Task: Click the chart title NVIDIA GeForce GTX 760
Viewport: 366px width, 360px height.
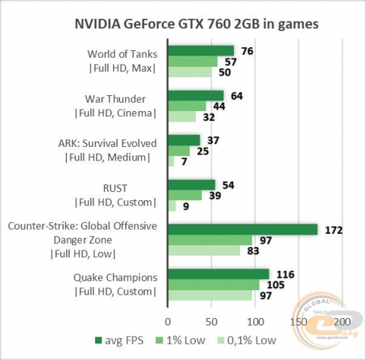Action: point(184,23)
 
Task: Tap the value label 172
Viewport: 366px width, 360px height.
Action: point(334,229)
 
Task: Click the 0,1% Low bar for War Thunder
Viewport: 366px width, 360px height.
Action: point(181,116)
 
